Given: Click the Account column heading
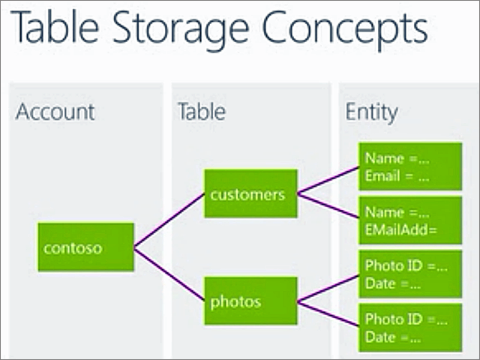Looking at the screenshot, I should click(x=55, y=112).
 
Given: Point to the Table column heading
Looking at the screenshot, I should click(x=201, y=112).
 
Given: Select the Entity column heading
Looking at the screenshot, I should click(x=371, y=112).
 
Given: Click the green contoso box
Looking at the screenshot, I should click(x=86, y=247).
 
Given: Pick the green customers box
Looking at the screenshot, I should click(x=250, y=194).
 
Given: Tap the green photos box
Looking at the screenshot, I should click(x=250, y=301).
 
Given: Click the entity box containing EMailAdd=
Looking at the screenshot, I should click(x=409, y=221).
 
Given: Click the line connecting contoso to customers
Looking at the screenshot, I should click(x=169, y=220).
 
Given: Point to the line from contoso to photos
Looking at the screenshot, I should click(x=169, y=274).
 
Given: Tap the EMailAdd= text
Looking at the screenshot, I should click(x=400, y=230).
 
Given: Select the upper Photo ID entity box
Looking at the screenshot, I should click(x=409, y=274).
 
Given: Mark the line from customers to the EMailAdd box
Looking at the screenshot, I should click(x=328, y=206).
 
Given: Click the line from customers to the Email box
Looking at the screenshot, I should click(x=328, y=181).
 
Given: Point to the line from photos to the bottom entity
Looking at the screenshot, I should click(x=328, y=314).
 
